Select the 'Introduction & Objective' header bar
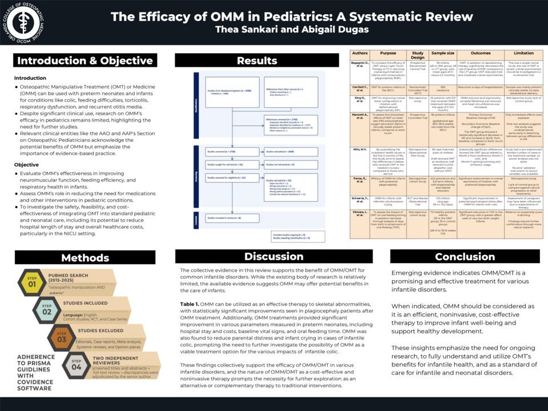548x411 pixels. tap(84, 61)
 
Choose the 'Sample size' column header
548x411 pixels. tap(443, 53)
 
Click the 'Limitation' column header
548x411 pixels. tap(519, 53)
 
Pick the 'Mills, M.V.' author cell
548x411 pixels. tap(360, 149)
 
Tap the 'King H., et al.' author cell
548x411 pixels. tap(360, 100)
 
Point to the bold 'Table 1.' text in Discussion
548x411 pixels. tap(189, 304)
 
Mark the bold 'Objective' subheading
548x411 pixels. tap(26, 165)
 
